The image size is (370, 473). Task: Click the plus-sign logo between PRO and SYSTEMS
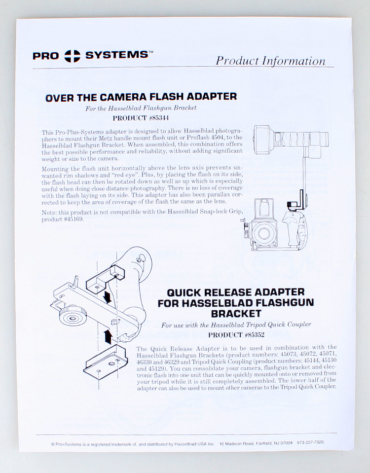tap(72, 55)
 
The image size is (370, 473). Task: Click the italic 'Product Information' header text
tap(270, 61)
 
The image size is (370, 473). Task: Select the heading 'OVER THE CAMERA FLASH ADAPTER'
tap(141, 97)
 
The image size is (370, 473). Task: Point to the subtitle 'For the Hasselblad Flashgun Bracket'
tap(141, 108)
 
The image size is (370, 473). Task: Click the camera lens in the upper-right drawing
tap(262, 230)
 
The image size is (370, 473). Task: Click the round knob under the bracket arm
tap(74, 314)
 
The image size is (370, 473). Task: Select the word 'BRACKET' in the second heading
tap(236, 313)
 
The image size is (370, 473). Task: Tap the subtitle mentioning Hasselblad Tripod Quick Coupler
tap(236, 325)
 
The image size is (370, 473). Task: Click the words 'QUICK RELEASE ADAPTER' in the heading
tap(236, 292)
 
